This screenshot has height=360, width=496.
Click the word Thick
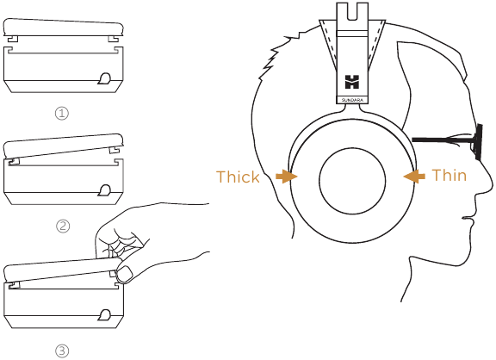tap(238, 177)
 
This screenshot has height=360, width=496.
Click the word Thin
tap(449, 175)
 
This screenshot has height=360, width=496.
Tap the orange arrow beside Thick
tap(286, 177)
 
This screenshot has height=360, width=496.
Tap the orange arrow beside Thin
tap(414, 177)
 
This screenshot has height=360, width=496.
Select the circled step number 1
tap(62, 113)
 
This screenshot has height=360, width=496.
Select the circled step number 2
tap(63, 226)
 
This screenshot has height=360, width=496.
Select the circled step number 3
tap(62, 351)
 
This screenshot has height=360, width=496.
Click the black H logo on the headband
tap(352, 82)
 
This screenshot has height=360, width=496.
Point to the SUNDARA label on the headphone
tap(352, 100)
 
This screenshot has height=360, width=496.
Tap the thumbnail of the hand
tap(125, 274)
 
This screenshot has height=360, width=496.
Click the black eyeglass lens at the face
tap(478, 141)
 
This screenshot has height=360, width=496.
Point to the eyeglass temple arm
tap(443, 140)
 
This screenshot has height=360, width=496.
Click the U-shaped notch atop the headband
tap(352, 12)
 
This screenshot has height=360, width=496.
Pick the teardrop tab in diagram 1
tap(104, 78)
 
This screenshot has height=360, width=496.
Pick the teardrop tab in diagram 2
tap(104, 190)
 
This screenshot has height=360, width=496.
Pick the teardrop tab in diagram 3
tap(104, 314)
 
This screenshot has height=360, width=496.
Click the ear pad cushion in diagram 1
tap(63, 28)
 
